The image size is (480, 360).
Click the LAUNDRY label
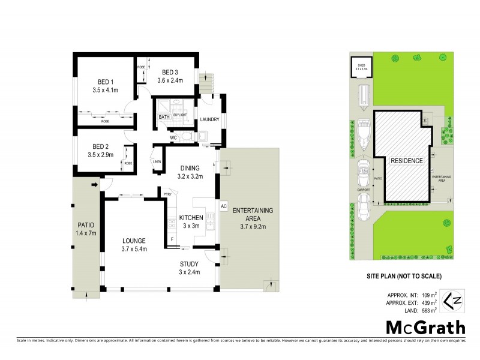(209, 119)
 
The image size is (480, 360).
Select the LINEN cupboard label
(157, 161)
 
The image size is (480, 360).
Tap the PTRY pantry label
(168, 193)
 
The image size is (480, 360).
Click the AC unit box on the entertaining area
(224, 206)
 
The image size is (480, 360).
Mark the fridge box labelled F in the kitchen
(172, 239)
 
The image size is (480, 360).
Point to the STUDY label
(189, 263)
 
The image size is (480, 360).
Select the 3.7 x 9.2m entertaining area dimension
(253, 226)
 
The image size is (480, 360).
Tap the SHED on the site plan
(362, 68)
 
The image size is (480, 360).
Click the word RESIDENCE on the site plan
(407, 161)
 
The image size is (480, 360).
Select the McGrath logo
(425, 328)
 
